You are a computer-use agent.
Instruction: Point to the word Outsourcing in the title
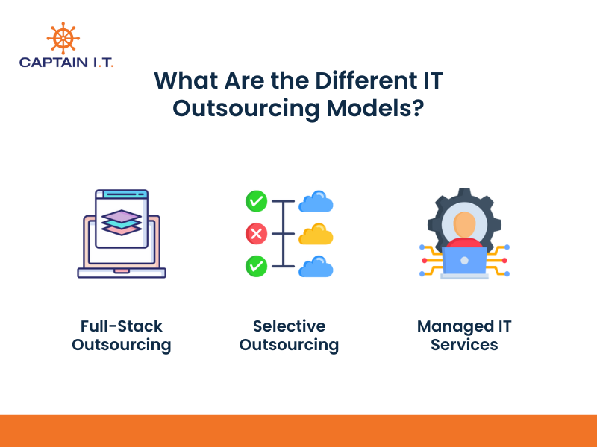tap(247, 107)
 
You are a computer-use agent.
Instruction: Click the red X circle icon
tap(256, 234)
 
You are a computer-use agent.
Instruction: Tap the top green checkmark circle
tap(256, 201)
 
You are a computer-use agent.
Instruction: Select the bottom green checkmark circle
tap(256, 266)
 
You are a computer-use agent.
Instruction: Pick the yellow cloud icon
tap(316, 234)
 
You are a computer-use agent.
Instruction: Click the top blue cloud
tap(316, 202)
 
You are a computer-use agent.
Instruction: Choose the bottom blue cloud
tap(316, 266)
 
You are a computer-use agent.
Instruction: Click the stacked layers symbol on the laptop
tap(121, 221)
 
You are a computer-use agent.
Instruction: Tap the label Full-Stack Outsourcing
tap(122, 335)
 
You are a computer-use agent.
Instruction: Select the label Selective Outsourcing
tap(289, 335)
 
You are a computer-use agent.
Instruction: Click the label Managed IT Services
tap(464, 335)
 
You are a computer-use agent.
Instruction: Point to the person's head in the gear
tap(464, 223)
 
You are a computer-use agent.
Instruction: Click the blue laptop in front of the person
tap(464, 260)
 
